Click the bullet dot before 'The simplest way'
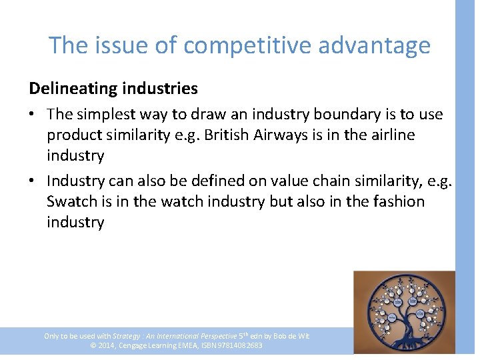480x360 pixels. (33, 115)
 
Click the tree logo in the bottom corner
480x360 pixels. (403, 311)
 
